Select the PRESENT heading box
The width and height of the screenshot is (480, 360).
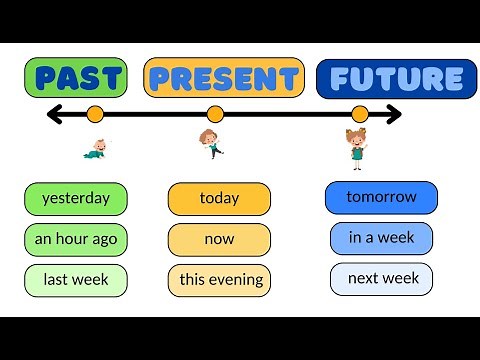pos(223,78)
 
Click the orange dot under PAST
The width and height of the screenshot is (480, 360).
pos(95,114)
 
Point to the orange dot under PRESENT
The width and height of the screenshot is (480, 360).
pos(215,114)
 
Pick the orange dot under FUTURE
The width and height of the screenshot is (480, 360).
pos(360,114)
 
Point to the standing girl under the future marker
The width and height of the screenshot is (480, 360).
pos(357,147)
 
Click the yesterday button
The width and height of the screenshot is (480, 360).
pos(76,198)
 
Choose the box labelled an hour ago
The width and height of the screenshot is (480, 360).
pos(76,239)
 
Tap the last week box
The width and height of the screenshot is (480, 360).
pos(76,279)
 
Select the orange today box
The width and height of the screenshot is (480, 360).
pos(219,198)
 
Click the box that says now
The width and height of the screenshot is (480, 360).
pos(219,239)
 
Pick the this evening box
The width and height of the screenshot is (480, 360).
pos(219,279)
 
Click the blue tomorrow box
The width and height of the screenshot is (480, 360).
pos(381,197)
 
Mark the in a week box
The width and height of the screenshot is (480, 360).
pos(381,238)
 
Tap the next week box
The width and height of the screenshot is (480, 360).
pos(381,278)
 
